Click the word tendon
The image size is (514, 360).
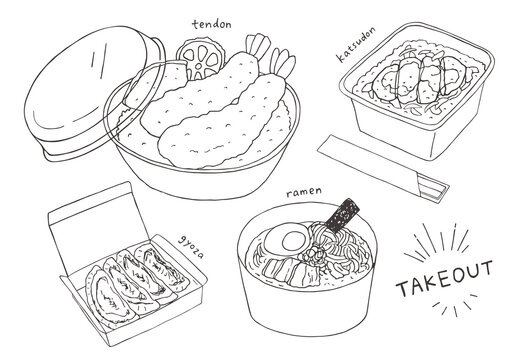[x=212, y=24]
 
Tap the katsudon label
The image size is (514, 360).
[x=356, y=44]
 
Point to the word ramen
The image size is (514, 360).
[x=304, y=191]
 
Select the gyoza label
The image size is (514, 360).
[x=191, y=247]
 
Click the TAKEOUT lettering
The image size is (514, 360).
[x=444, y=278]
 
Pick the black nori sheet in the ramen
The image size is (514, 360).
[x=343, y=215]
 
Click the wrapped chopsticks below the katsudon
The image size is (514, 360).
[x=383, y=167]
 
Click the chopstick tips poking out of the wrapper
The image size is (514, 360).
[x=433, y=189]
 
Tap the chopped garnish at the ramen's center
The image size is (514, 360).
[x=313, y=256]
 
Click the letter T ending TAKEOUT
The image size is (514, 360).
[x=485, y=269]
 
